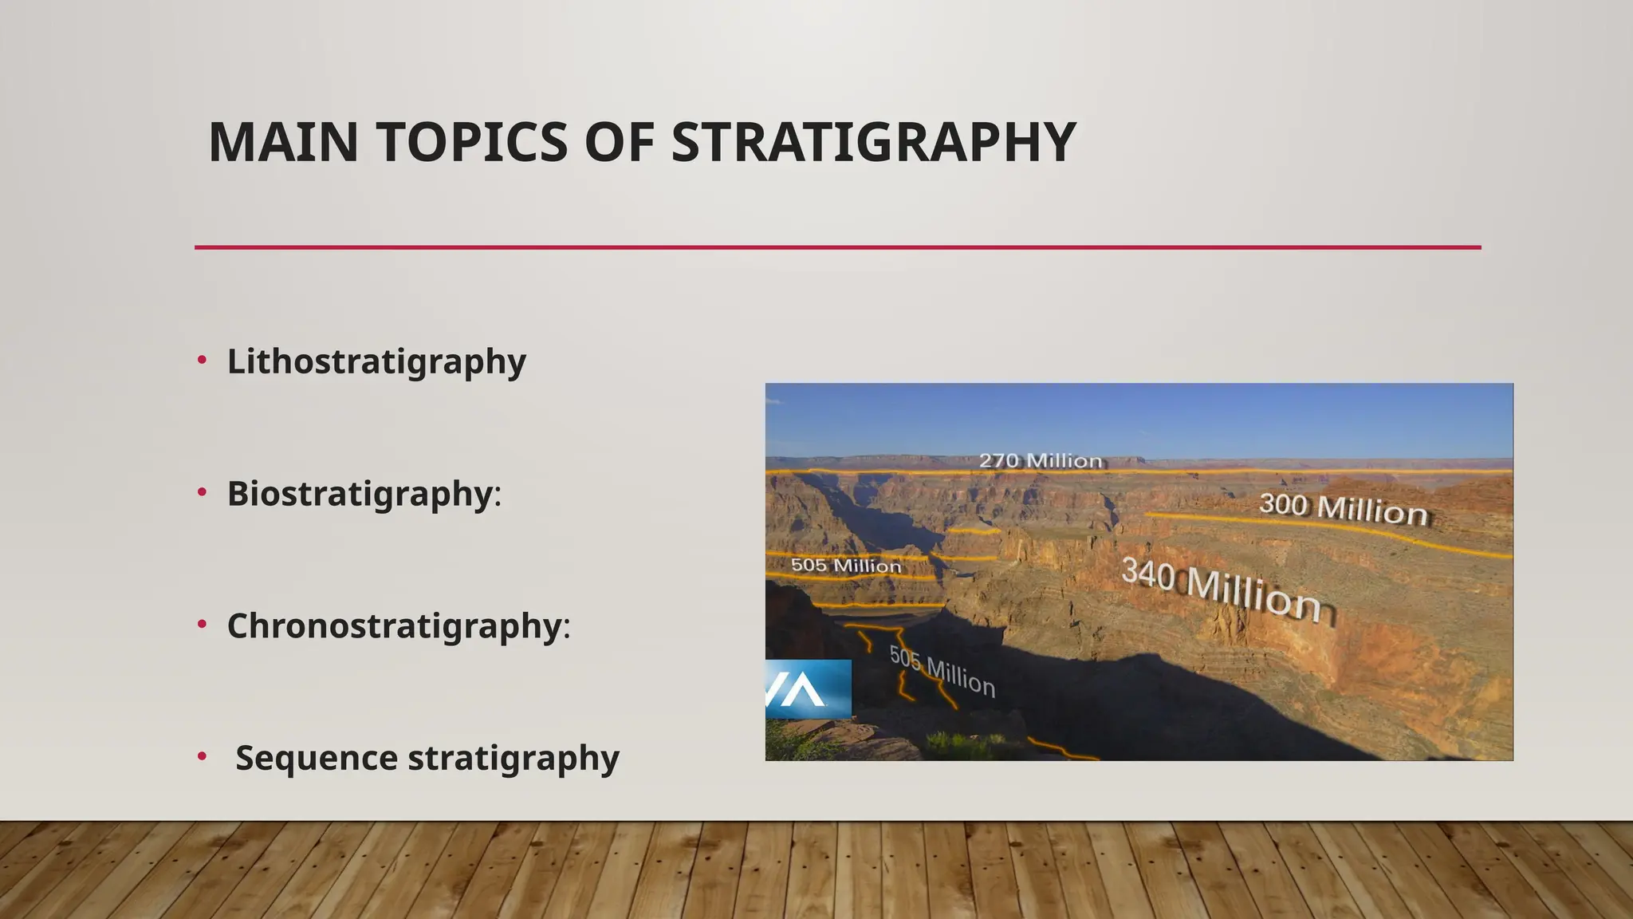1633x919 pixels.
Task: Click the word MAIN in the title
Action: [283, 143]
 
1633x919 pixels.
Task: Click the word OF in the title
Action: [619, 143]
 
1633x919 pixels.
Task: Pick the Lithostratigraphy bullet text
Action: [376, 361]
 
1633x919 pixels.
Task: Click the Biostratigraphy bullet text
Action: [360, 494]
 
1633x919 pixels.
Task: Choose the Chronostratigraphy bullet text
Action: [395, 626]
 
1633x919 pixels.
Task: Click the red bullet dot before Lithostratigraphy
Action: [203, 360]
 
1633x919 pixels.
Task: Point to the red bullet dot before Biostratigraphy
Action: [203, 492]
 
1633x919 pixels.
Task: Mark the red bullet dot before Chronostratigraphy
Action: [203, 625]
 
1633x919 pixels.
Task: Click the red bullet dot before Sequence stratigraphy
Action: [203, 756]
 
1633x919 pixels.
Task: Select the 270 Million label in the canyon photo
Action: [1041, 460]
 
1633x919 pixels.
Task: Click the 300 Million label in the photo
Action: [1344, 509]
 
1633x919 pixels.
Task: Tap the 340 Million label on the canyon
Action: [1227, 590]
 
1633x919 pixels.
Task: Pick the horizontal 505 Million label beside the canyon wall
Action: [846, 566]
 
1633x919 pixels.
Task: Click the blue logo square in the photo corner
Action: [808, 688]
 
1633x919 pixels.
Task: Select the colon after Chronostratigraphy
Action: [567, 628]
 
